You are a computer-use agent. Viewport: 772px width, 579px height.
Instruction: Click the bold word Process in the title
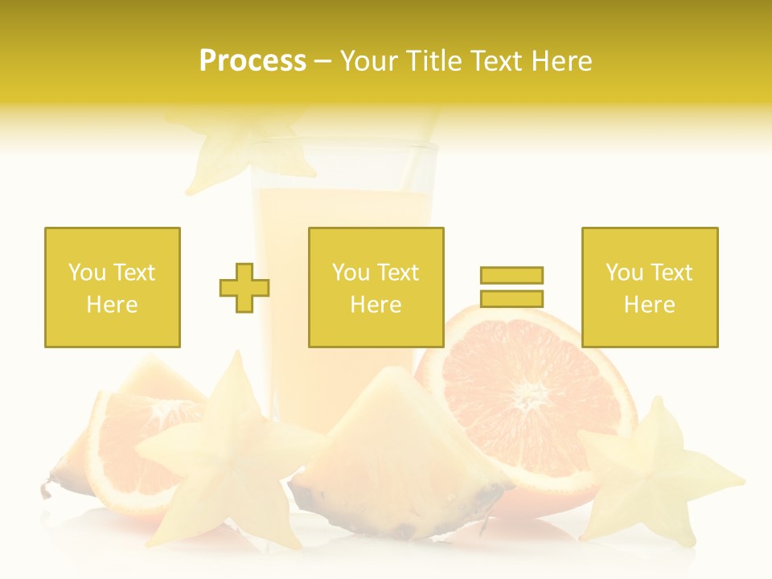253,61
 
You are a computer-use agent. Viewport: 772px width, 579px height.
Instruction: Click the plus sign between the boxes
244,288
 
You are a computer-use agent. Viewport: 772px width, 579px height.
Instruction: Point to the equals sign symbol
511,287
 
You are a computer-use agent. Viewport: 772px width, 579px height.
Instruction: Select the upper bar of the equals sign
511,275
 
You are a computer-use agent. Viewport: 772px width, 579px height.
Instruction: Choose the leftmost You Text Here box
112,287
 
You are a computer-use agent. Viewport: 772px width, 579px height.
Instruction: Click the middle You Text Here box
376,287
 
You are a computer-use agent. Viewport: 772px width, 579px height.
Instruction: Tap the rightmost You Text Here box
649,287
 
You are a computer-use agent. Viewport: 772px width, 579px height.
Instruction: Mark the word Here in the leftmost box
112,305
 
